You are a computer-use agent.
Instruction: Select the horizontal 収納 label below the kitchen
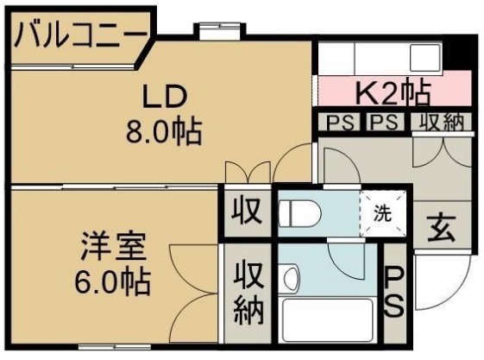(x=442, y=122)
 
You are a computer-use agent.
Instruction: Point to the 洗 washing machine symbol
(x=381, y=211)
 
